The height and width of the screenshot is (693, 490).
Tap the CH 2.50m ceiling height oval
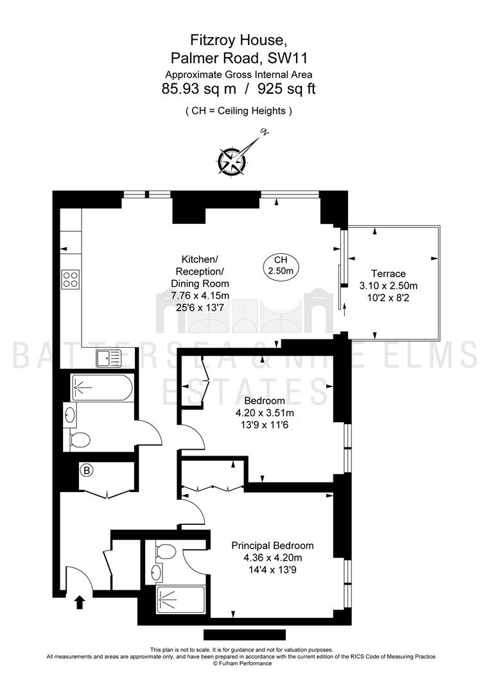click(x=281, y=266)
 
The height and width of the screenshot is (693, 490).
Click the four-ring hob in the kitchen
click(x=71, y=279)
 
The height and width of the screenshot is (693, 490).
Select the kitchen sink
click(x=109, y=358)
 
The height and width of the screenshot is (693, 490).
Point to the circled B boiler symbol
click(x=87, y=470)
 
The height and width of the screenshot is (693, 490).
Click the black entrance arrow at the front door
click(x=80, y=602)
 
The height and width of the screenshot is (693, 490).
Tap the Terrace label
click(x=389, y=273)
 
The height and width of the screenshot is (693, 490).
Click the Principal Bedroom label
click(x=272, y=545)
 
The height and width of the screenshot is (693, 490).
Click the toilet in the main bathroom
click(x=80, y=440)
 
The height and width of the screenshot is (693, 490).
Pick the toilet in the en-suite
click(x=166, y=552)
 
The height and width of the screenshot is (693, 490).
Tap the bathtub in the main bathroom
click(x=101, y=388)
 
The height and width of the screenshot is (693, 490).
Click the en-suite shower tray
click(x=180, y=600)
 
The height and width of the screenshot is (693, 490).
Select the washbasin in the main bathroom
click(x=70, y=415)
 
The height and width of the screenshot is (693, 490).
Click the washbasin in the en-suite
click(x=155, y=572)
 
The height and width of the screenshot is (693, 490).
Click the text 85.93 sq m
click(x=199, y=89)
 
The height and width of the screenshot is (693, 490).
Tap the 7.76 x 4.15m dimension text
click(x=200, y=295)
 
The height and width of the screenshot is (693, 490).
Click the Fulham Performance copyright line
click(x=242, y=663)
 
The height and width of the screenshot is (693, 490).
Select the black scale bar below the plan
click(x=245, y=635)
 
